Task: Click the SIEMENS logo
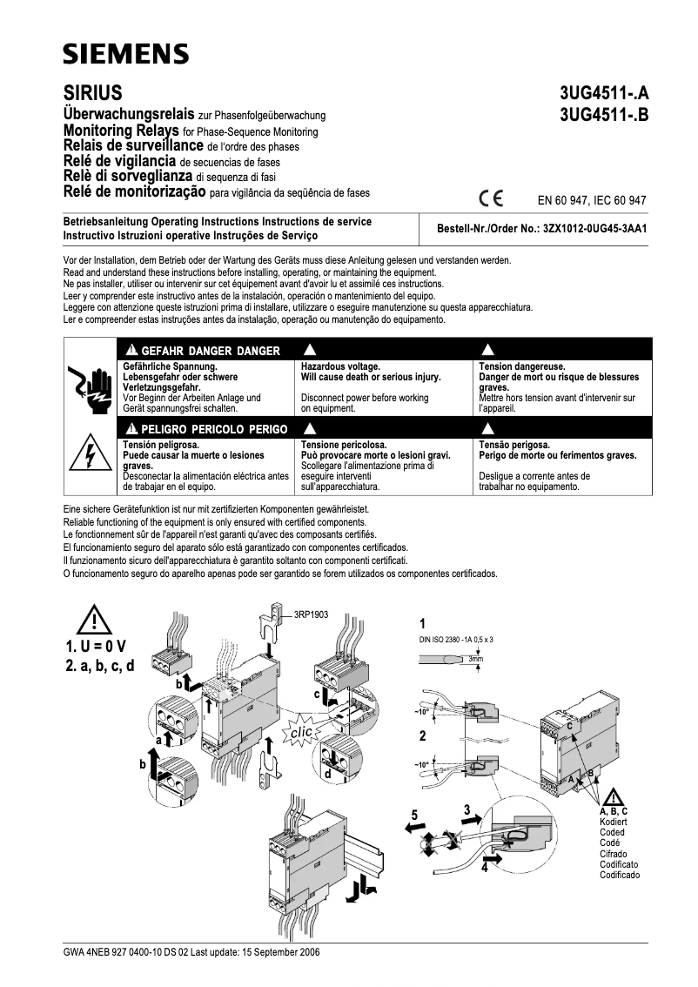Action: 125,55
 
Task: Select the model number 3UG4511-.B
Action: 604,114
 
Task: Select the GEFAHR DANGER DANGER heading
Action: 205,351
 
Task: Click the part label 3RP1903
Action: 312,614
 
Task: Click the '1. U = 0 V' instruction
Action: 95,646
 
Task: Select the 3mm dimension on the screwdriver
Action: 475,661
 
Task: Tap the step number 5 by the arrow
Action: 415,815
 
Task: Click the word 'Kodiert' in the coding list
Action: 614,822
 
